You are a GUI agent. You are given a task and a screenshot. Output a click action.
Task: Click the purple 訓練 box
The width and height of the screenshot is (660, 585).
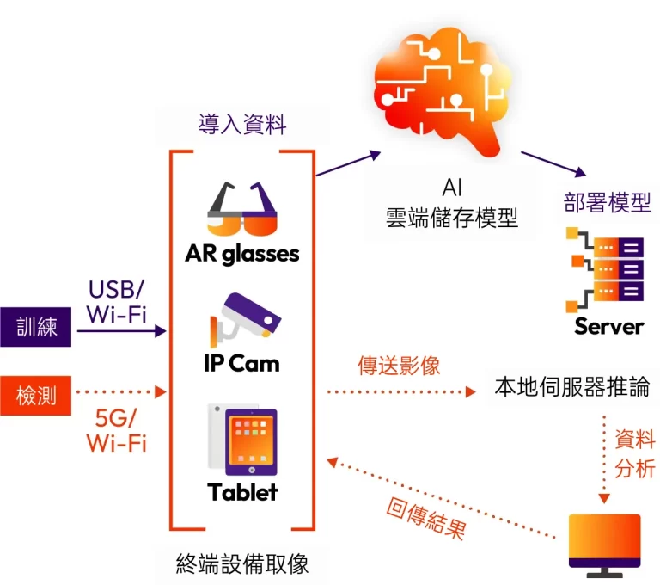(x=37, y=327)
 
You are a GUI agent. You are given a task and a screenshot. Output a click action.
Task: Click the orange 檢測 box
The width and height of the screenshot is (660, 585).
(x=37, y=396)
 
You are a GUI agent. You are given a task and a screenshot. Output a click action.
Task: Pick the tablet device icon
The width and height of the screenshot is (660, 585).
(x=243, y=440)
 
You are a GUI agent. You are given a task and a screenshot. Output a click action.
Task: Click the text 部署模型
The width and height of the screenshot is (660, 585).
(x=607, y=203)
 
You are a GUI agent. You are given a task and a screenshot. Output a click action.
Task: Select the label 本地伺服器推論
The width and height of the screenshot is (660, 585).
(x=571, y=386)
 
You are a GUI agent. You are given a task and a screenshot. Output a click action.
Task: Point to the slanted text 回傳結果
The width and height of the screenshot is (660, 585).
(x=425, y=514)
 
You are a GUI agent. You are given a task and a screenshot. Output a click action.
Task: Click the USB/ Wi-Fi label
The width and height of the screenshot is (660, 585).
(x=117, y=299)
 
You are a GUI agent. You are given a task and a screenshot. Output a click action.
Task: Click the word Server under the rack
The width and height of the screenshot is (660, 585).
(x=608, y=327)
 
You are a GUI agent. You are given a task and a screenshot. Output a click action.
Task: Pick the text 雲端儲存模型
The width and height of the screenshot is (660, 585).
(x=452, y=218)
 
